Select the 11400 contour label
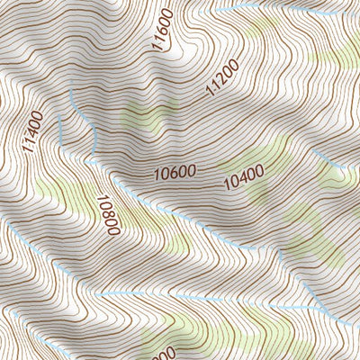point(33,131)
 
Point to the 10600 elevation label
point(175,169)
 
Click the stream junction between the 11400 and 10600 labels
point(91,158)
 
